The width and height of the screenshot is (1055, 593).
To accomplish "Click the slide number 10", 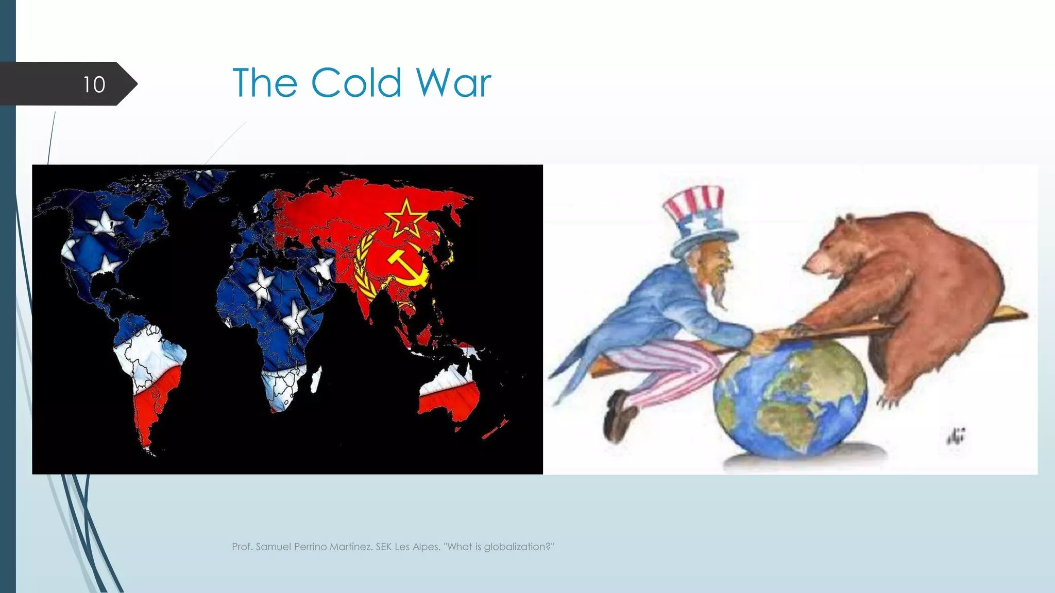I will coord(94,84).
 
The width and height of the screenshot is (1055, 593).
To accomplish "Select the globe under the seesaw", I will coord(791,399).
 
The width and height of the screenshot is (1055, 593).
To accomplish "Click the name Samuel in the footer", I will coord(273,547).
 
